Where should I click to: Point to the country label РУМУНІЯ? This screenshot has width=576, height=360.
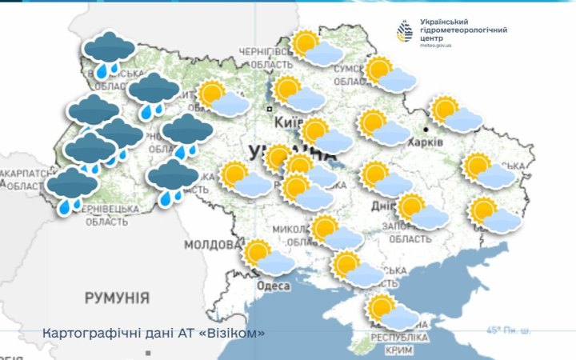[x=117, y=298]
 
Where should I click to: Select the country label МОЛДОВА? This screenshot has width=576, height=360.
[x=212, y=244]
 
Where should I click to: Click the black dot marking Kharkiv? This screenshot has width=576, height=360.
[x=426, y=128]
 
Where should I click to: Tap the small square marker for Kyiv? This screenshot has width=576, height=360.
[x=270, y=109]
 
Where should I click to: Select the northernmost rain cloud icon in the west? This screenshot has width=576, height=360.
[x=110, y=54]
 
